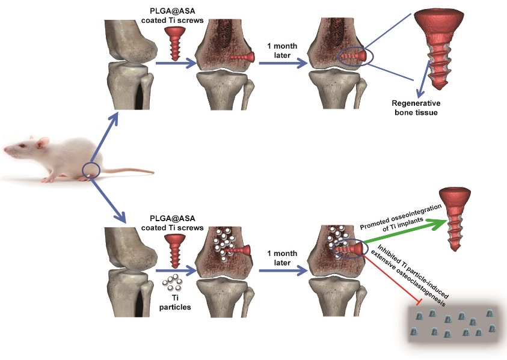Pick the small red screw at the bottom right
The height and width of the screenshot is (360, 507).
click(x=454, y=218)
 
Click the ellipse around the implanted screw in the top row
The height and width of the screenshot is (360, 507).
click(x=354, y=56)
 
